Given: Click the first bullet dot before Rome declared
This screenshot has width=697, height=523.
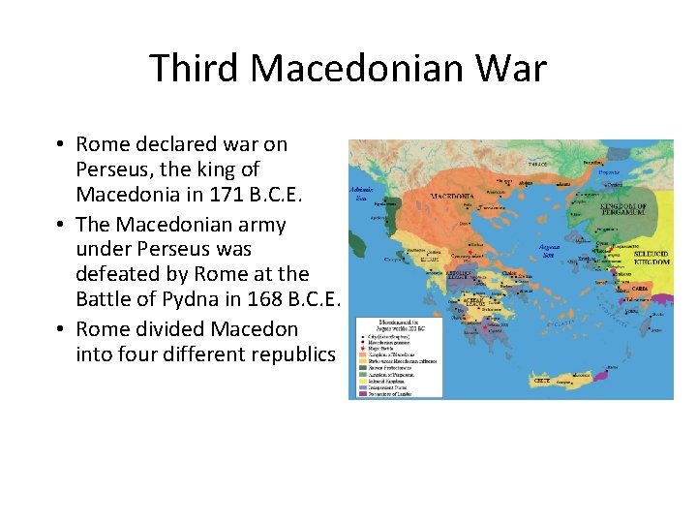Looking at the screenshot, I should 60,145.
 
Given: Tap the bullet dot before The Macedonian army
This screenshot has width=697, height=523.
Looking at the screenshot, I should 60,225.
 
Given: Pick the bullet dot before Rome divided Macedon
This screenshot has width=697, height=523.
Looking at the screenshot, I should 60,329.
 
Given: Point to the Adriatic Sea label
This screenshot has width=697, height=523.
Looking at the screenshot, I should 361,194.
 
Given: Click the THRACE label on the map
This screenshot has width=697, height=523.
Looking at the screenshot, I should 538,166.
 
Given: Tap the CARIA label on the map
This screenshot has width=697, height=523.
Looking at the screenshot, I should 640,289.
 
